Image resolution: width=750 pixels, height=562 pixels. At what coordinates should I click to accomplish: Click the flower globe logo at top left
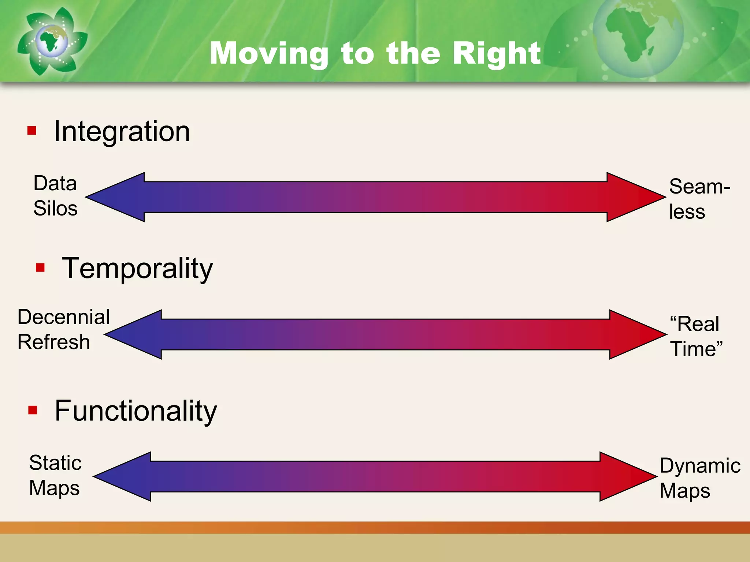click(52, 41)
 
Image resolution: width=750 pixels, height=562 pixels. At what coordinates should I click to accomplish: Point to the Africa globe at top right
click(637, 37)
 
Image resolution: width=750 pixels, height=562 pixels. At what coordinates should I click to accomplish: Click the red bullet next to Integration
click(32, 131)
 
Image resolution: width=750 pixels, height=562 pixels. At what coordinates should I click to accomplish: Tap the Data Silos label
click(55, 196)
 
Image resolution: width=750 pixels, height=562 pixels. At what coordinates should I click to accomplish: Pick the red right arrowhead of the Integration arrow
click(634, 197)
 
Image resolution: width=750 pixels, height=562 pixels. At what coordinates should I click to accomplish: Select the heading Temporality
click(137, 268)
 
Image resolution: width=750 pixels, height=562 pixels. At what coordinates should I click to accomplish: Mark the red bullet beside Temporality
click(40, 268)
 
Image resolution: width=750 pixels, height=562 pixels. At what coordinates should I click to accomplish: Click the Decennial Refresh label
click(63, 329)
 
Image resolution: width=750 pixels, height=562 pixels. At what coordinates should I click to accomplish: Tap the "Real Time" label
click(696, 336)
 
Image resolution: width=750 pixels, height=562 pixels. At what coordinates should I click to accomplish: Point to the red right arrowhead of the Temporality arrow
click(635, 334)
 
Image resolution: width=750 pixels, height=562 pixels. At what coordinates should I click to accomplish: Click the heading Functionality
click(136, 411)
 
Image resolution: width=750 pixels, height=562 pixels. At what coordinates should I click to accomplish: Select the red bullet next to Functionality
click(33, 410)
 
